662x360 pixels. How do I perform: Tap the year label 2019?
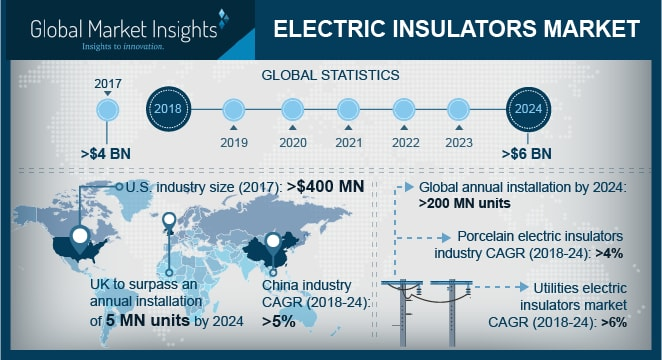click(x=234, y=141)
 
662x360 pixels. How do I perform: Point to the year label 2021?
click(x=348, y=141)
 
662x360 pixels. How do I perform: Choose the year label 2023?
click(x=459, y=141)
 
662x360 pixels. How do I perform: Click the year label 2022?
click(x=404, y=141)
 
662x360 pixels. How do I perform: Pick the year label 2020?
click(x=292, y=141)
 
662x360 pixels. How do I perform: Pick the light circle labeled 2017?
click(x=110, y=108)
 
